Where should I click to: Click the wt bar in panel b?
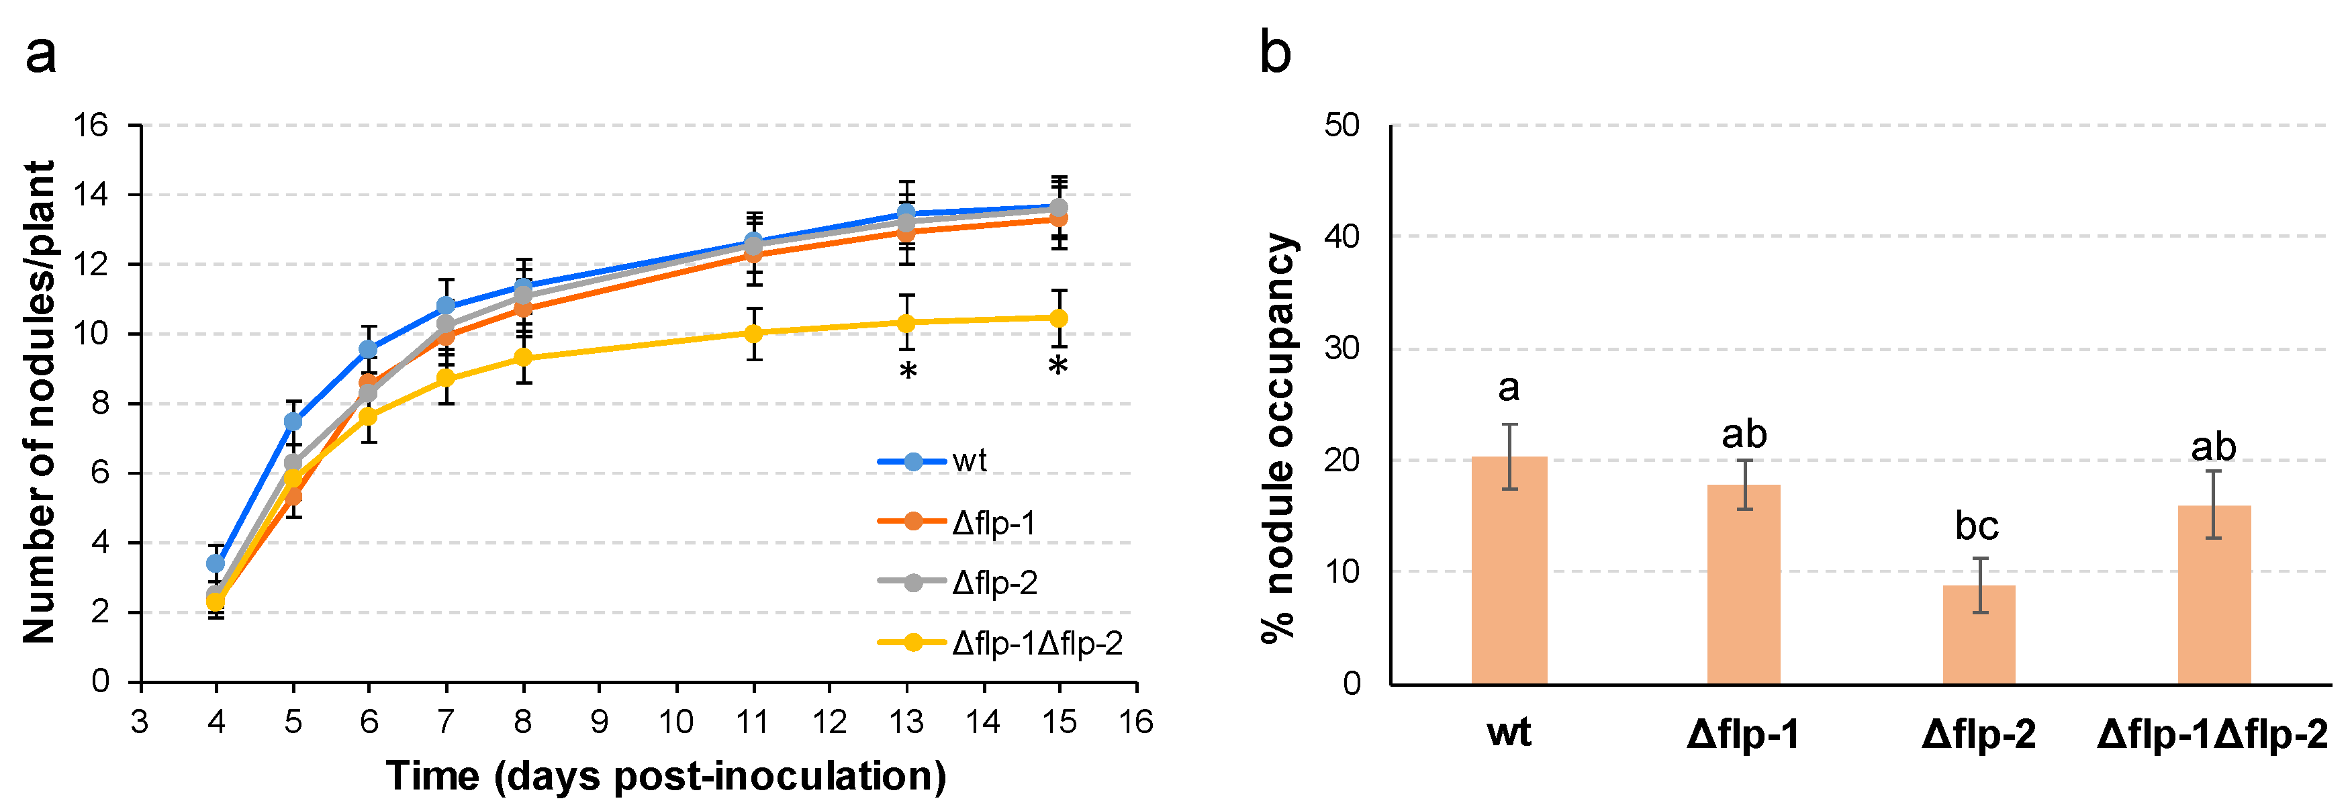[x=1509, y=570]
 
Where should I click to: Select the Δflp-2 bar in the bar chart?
[x=1979, y=634]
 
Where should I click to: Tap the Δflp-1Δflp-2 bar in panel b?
[x=2214, y=593]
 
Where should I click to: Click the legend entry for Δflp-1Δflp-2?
[x=1000, y=644]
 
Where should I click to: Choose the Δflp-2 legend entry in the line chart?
[x=959, y=583]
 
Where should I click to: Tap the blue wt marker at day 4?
[x=216, y=563]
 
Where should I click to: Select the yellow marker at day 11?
[x=753, y=334]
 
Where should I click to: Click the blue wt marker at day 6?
[x=368, y=350]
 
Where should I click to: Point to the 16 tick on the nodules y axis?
[x=91, y=125]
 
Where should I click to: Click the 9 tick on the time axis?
[x=599, y=722]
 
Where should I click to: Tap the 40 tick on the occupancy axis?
[x=1342, y=236]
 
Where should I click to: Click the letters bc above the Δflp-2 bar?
[x=1977, y=526]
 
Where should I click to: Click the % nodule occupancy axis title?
[x=1278, y=438]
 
